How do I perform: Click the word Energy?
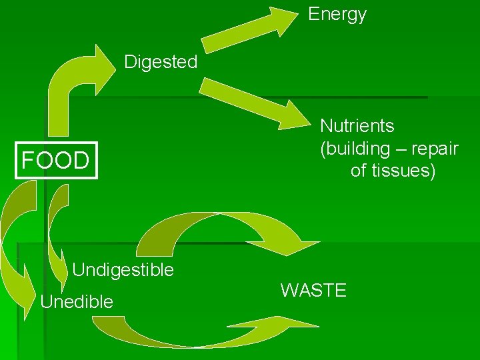click(x=337, y=15)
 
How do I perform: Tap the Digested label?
click(x=161, y=63)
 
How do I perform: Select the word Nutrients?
click(x=357, y=125)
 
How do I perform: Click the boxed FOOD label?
click(x=55, y=161)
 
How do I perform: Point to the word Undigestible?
click(x=123, y=270)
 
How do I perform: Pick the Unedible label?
click(x=77, y=302)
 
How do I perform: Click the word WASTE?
click(x=313, y=291)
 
